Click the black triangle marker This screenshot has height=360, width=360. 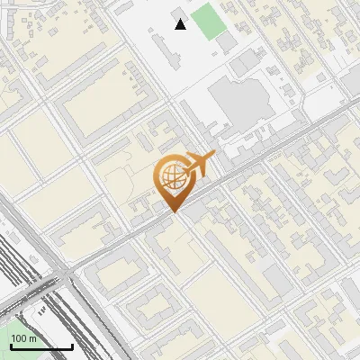[x=181, y=24]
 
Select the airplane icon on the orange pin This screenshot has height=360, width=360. [x=201, y=163]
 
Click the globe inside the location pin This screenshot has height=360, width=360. [x=171, y=177]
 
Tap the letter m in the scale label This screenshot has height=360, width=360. [x=33, y=338]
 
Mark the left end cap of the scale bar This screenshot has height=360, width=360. [x=11, y=346]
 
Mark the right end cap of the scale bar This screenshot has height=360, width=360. [x=72, y=346]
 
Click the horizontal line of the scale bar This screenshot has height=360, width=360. [x=41, y=347]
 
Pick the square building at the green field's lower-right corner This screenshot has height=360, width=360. [x=227, y=41]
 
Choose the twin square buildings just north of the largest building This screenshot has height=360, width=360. [x=246, y=63]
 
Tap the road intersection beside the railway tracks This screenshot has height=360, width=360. [x=68, y=270]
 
